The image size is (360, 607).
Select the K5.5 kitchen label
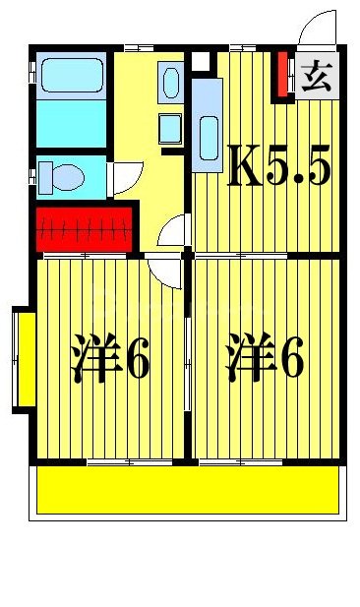(x=278, y=168)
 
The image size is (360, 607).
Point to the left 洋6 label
(x=110, y=360)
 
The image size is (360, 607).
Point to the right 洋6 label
(x=265, y=360)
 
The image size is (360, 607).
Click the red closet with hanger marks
(x=86, y=228)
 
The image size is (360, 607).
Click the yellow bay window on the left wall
(x=25, y=359)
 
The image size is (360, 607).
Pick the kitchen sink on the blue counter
(x=208, y=134)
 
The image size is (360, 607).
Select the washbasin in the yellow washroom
(x=170, y=83)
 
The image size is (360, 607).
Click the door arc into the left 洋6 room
(x=164, y=272)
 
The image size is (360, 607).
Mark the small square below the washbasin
(x=170, y=128)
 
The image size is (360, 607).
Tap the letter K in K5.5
(x=244, y=168)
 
